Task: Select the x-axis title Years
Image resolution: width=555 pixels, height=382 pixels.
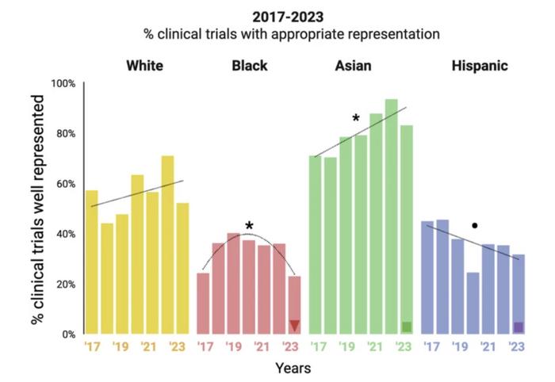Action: click(x=293, y=369)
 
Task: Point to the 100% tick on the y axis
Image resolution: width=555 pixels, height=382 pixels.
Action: click(x=63, y=83)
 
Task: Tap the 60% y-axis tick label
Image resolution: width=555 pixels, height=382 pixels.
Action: click(x=64, y=184)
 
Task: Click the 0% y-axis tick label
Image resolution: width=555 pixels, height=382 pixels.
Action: click(x=67, y=334)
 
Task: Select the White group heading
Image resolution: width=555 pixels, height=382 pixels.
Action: click(x=144, y=65)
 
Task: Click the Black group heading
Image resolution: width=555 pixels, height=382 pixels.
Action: click(x=249, y=65)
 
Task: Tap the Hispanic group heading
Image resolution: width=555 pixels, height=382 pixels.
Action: click(x=480, y=65)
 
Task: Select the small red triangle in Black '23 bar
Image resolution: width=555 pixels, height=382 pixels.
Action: click(x=294, y=326)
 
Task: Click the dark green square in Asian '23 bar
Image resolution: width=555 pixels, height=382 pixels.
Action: click(x=407, y=327)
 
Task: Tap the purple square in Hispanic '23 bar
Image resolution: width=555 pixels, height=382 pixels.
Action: click(x=519, y=327)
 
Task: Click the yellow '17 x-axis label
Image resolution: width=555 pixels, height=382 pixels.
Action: click(x=92, y=347)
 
